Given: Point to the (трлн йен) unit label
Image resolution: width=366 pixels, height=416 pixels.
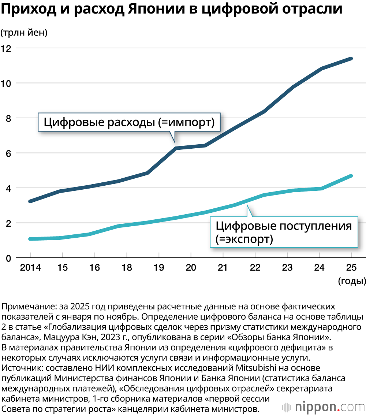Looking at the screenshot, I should point(24,33).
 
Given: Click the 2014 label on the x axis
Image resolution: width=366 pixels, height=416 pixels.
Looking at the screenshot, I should point(30,268).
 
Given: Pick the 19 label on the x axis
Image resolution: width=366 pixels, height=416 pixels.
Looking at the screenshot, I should point(159,268).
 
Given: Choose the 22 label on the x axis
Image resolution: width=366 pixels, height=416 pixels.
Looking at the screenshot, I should point(255,268).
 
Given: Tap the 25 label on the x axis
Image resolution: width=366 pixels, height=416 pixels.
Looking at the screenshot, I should point(352,268).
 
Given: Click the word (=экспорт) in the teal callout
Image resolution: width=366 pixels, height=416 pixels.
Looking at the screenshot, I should point(244,239).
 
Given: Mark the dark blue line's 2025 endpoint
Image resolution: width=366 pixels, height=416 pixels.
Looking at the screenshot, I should point(351,59).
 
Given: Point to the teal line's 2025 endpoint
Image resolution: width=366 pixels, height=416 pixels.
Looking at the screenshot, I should point(351,176).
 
